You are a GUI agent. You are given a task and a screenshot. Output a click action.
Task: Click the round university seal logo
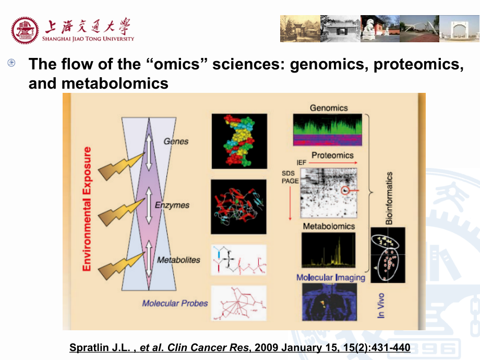pos(26,30)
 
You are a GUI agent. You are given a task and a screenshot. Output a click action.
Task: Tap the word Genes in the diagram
pos(176,141)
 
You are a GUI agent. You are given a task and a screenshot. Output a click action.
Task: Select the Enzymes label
pos(172,205)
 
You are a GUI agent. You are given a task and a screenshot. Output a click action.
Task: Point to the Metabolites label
pos(179,259)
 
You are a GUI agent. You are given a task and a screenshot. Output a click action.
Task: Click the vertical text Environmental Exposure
pos(87,209)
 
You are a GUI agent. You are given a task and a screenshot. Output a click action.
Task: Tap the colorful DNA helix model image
pos(239,141)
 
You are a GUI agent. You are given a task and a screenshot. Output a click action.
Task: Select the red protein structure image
pos(238,207)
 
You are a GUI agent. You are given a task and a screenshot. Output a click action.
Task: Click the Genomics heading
pos(329,108)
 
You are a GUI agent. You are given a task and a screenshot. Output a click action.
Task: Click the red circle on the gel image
pos(344,191)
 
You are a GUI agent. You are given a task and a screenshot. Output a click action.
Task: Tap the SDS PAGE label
pos(290,177)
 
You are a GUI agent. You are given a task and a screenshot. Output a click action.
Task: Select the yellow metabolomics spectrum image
pos(328,250)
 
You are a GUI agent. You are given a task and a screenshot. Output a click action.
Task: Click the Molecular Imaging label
pos(331,277)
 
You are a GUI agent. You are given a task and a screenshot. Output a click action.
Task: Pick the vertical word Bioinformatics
pos(389,198)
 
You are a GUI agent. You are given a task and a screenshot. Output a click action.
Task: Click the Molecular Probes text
pos(175,303)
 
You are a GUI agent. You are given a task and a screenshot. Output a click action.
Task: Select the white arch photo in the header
pos(459,29)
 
